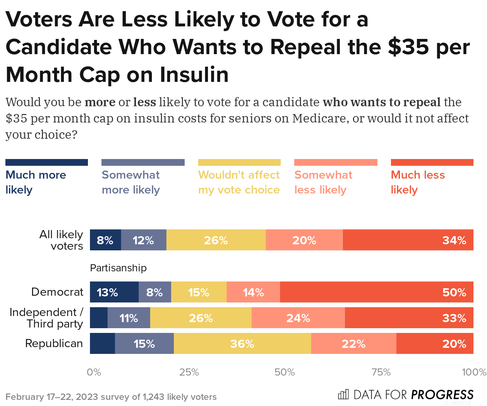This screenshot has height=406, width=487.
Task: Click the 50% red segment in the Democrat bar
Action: coord(376,292)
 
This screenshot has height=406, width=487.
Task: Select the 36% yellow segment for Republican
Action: coord(242,343)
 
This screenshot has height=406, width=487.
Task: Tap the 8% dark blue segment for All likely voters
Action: coord(105,240)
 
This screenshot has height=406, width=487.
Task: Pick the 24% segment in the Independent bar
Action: coord(298,318)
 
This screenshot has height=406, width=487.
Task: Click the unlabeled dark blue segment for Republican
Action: coord(102,343)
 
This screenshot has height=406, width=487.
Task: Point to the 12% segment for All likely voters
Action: coord(143,240)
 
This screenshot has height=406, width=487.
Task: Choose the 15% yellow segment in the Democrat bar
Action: coord(199,292)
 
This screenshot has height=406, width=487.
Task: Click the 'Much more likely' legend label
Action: coord(36,182)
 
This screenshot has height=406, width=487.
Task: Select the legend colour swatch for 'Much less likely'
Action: coord(432,162)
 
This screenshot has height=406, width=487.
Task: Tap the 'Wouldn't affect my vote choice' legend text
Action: coord(239,182)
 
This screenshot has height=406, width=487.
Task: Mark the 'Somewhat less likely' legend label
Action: coord(323,182)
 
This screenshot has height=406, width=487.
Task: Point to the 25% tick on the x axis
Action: coord(189,373)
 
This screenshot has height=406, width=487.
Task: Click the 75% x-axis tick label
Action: coord(381,373)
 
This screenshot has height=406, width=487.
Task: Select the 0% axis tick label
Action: coord(94,373)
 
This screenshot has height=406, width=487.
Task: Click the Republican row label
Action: coord(54,343)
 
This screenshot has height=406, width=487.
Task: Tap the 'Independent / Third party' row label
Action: coord(46,318)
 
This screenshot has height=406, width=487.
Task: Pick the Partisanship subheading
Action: coord(118,268)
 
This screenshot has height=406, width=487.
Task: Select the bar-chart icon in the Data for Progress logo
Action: coord(343,394)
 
